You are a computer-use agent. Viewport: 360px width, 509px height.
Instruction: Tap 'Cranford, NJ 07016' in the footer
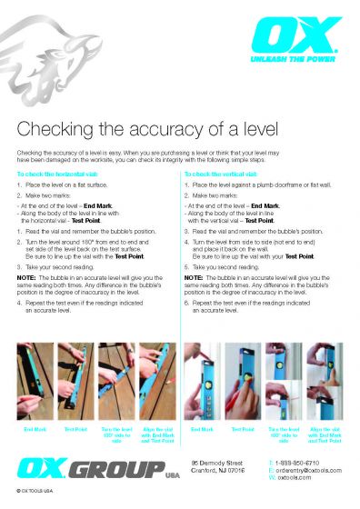click(219, 470)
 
